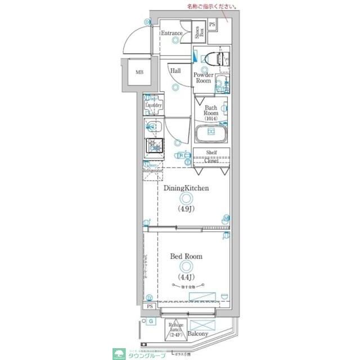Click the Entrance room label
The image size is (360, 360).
tap(172, 33)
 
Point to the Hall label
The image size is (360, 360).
tap(175, 71)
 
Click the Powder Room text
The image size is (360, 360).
tap(203, 78)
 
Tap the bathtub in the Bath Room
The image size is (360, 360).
tap(210, 133)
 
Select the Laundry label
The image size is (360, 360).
tap(154, 105)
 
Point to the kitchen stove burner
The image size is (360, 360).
tap(154, 146)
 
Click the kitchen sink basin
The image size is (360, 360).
tap(154, 127)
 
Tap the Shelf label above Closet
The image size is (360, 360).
tap(211, 152)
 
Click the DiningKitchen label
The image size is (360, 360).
tap(187, 188)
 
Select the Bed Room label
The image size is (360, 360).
tap(186, 256)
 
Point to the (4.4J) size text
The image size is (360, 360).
tap(186, 277)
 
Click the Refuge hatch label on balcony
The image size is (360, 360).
tap(175, 328)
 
